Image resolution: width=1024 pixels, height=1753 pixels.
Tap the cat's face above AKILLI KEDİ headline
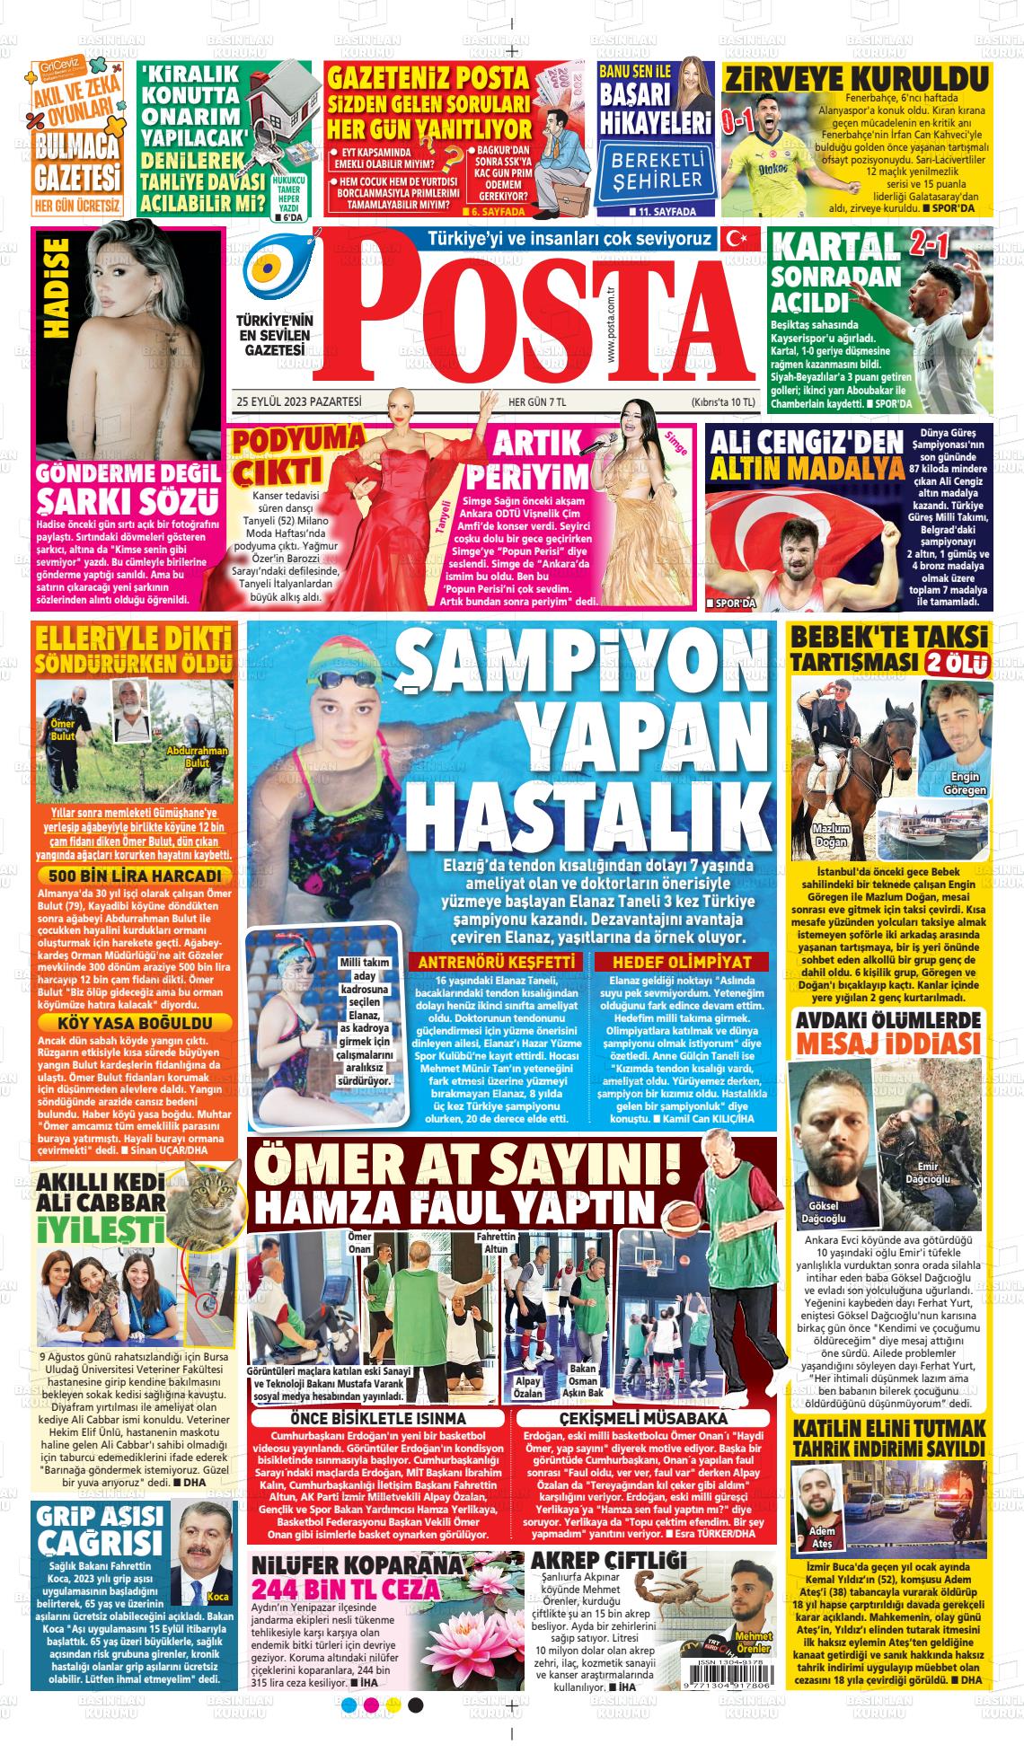coord(216,1188)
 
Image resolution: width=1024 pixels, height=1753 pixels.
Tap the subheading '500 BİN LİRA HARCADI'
coord(135,876)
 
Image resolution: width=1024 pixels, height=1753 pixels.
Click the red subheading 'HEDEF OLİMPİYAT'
coord(682,962)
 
